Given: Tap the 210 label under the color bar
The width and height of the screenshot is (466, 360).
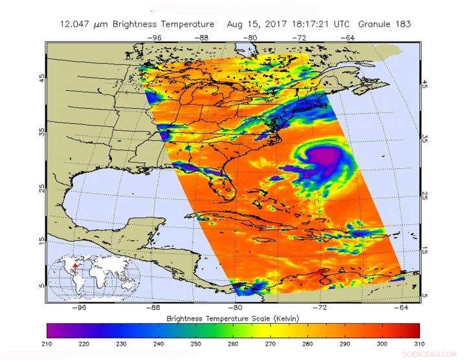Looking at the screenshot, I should pos(48,343).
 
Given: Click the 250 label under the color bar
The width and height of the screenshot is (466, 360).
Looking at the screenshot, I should pos(196,343).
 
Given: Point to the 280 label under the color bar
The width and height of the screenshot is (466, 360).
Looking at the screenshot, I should pos(308,343).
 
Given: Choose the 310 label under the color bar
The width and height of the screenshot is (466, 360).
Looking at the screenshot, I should pos(419,343).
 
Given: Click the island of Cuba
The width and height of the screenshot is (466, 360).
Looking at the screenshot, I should pos(259,222).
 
